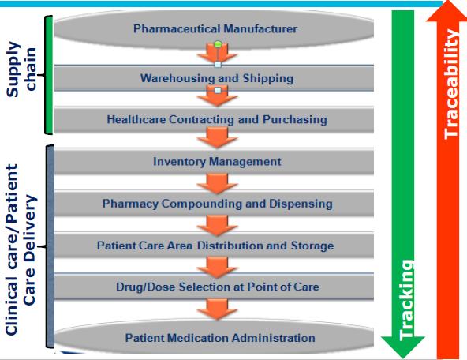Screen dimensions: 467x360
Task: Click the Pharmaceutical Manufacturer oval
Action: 214,29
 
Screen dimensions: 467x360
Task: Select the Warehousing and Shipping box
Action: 214,78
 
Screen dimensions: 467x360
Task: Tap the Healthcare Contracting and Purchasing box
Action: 214,119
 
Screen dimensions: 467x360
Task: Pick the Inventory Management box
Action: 214,162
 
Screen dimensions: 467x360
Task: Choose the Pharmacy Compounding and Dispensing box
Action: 214,204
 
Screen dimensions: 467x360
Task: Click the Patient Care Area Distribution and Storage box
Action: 214,246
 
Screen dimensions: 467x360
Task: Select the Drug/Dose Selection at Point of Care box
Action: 214,287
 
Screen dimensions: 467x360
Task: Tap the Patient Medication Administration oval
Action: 214,337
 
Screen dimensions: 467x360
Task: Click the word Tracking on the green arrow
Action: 406,300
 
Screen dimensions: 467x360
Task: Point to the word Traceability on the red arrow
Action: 451,84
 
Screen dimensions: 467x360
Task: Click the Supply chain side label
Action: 21,69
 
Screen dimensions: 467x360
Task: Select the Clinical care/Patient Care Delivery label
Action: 21,249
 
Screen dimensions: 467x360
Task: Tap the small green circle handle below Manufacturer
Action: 218,45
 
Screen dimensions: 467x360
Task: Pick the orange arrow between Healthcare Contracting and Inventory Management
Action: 217,137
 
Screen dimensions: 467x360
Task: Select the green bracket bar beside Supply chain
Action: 49,74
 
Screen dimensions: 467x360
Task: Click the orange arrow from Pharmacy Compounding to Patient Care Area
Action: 217,226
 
